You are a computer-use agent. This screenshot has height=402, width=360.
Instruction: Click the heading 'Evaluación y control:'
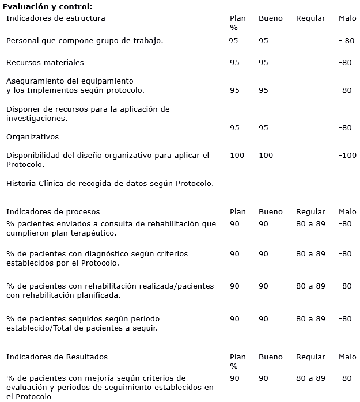point(47,6)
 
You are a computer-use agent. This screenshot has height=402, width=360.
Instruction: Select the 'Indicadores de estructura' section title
point(56,18)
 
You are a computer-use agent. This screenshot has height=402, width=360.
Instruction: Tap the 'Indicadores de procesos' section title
point(53,212)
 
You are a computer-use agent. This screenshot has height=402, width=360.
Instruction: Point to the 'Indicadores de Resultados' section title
point(57,357)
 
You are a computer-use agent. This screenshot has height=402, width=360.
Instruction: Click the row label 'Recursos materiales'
point(45,62)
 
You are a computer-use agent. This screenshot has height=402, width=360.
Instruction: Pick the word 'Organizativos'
point(32,137)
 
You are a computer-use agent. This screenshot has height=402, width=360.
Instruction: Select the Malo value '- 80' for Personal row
point(347,41)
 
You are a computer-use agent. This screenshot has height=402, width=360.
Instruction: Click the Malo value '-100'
point(347,156)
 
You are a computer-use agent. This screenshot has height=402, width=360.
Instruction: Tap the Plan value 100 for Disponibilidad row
point(237,156)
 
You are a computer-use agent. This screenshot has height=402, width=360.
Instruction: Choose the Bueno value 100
point(266,156)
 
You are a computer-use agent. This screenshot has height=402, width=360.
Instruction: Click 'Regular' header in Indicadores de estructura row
point(310,18)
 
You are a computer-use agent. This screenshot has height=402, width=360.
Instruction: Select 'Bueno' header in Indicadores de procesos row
point(270,212)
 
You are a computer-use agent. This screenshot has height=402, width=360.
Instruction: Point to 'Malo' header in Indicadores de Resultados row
point(347,357)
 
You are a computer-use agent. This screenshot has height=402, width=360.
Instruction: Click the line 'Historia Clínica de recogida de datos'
point(110,184)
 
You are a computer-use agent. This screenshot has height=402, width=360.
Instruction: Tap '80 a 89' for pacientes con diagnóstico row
point(310,253)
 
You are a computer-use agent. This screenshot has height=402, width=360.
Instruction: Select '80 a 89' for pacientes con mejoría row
point(310,378)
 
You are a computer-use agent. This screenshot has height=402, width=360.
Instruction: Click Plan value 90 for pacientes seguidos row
point(234,318)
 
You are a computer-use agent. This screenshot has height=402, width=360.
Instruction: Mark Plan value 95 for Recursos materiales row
point(234,62)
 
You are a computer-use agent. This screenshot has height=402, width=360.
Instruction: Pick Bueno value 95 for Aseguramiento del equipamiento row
point(263,90)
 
